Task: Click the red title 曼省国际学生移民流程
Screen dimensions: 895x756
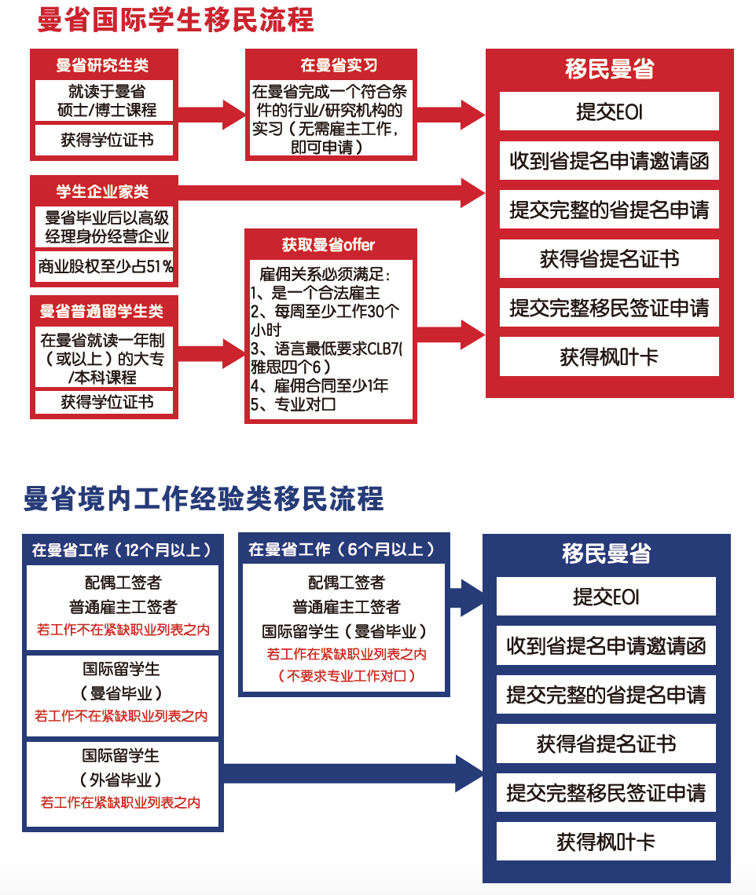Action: (x=175, y=20)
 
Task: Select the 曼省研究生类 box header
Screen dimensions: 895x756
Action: (x=102, y=65)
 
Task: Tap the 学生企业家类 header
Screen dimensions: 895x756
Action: (x=102, y=192)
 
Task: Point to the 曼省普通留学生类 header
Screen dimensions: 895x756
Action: (x=102, y=312)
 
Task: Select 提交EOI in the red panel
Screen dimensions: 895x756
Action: (x=609, y=111)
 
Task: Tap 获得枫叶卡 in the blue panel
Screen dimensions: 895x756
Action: (x=606, y=842)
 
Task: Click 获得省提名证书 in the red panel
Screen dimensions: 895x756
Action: (x=609, y=259)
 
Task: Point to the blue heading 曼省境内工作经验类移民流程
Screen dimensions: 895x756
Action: (x=204, y=499)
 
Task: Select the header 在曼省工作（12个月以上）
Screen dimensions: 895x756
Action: (x=122, y=550)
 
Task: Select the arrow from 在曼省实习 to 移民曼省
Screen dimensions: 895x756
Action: (x=451, y=115)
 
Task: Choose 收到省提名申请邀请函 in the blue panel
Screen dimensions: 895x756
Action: (x=606, y=646)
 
